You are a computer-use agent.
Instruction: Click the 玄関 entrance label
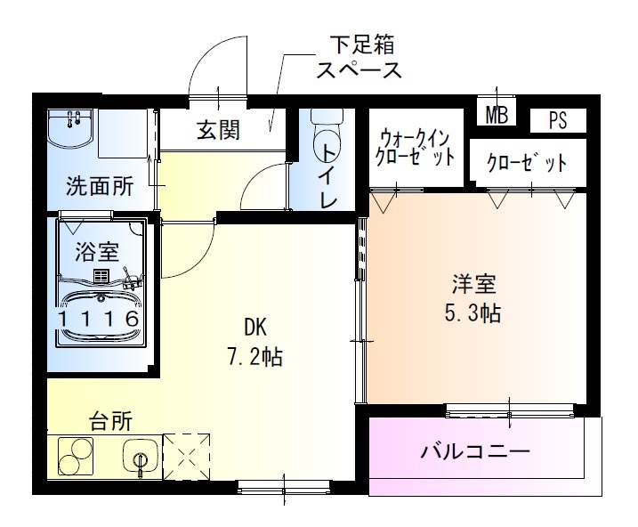[217, 130]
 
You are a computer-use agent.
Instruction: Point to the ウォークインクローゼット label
[416, 148]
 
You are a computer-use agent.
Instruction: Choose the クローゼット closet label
[527, 163]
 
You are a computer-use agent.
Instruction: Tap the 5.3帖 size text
[472, 314]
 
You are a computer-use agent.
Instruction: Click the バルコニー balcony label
[475, 450]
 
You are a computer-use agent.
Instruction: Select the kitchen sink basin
[140, 458]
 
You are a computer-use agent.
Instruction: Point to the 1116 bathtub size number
[99, 319]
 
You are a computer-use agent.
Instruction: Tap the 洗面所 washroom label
[100, 186]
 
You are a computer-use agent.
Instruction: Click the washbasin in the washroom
[73, 131]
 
